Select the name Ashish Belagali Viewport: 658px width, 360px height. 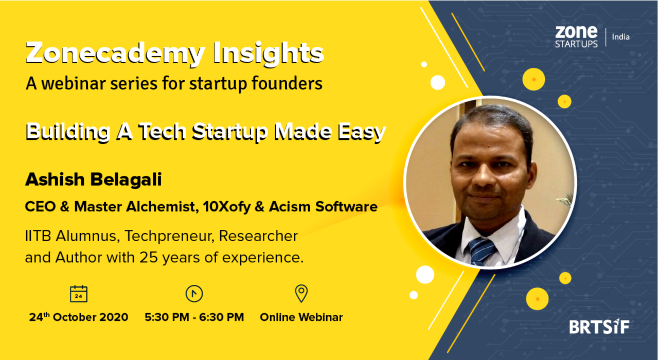93,180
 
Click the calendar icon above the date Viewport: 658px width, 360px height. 79,294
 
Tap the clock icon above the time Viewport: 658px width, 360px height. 194,294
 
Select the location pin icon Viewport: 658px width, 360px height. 301,293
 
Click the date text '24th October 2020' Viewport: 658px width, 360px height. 79,317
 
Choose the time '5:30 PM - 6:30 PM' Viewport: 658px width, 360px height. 194,317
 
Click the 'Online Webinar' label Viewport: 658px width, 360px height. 301,317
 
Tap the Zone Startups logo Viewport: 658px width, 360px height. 576,37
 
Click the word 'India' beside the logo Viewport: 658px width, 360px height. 621,37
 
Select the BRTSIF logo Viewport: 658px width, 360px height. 599,327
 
